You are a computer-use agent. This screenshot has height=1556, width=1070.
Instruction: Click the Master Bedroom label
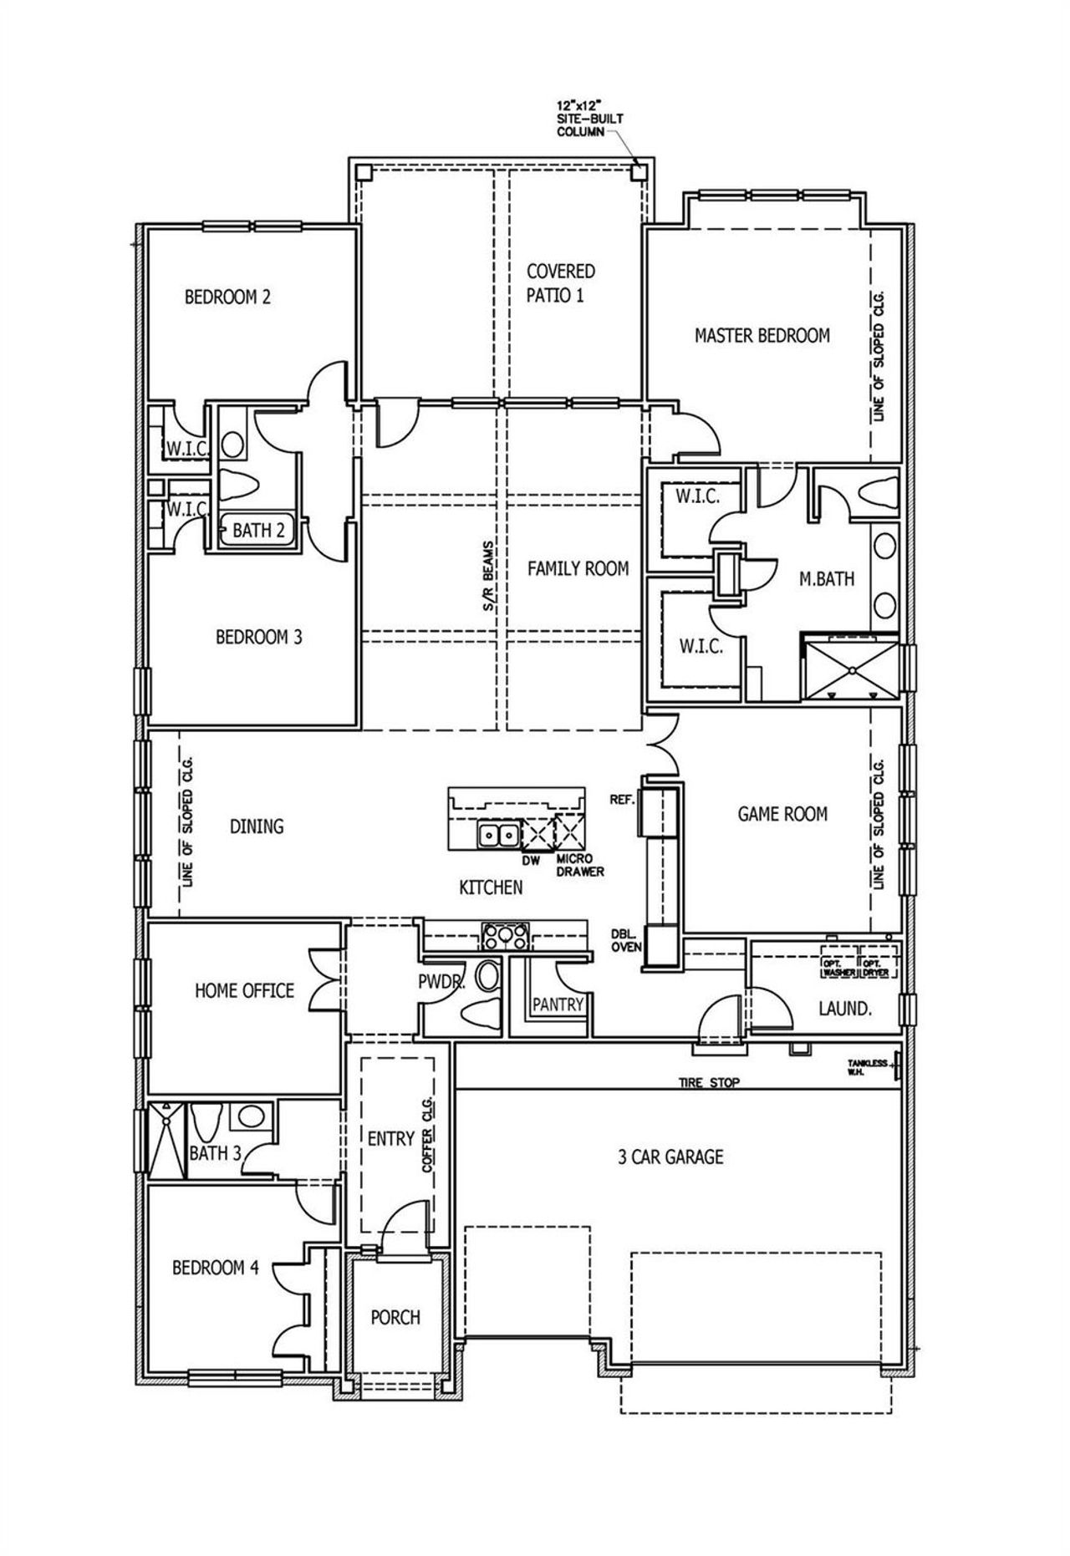762,335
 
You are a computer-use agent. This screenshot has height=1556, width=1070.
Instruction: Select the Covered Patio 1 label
560,282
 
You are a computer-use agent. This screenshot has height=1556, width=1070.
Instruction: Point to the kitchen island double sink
497,834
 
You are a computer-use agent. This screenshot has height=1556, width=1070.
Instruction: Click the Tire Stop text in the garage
708,1083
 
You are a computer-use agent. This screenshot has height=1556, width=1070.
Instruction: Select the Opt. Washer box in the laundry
838,968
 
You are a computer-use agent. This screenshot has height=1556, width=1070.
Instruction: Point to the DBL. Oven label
625,940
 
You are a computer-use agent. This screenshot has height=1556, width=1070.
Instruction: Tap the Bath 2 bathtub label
257,530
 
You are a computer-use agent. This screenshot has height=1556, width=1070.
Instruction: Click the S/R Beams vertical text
489,577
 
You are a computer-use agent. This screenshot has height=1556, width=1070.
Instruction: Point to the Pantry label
557,1004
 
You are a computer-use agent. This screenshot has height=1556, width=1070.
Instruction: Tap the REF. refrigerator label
623,799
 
